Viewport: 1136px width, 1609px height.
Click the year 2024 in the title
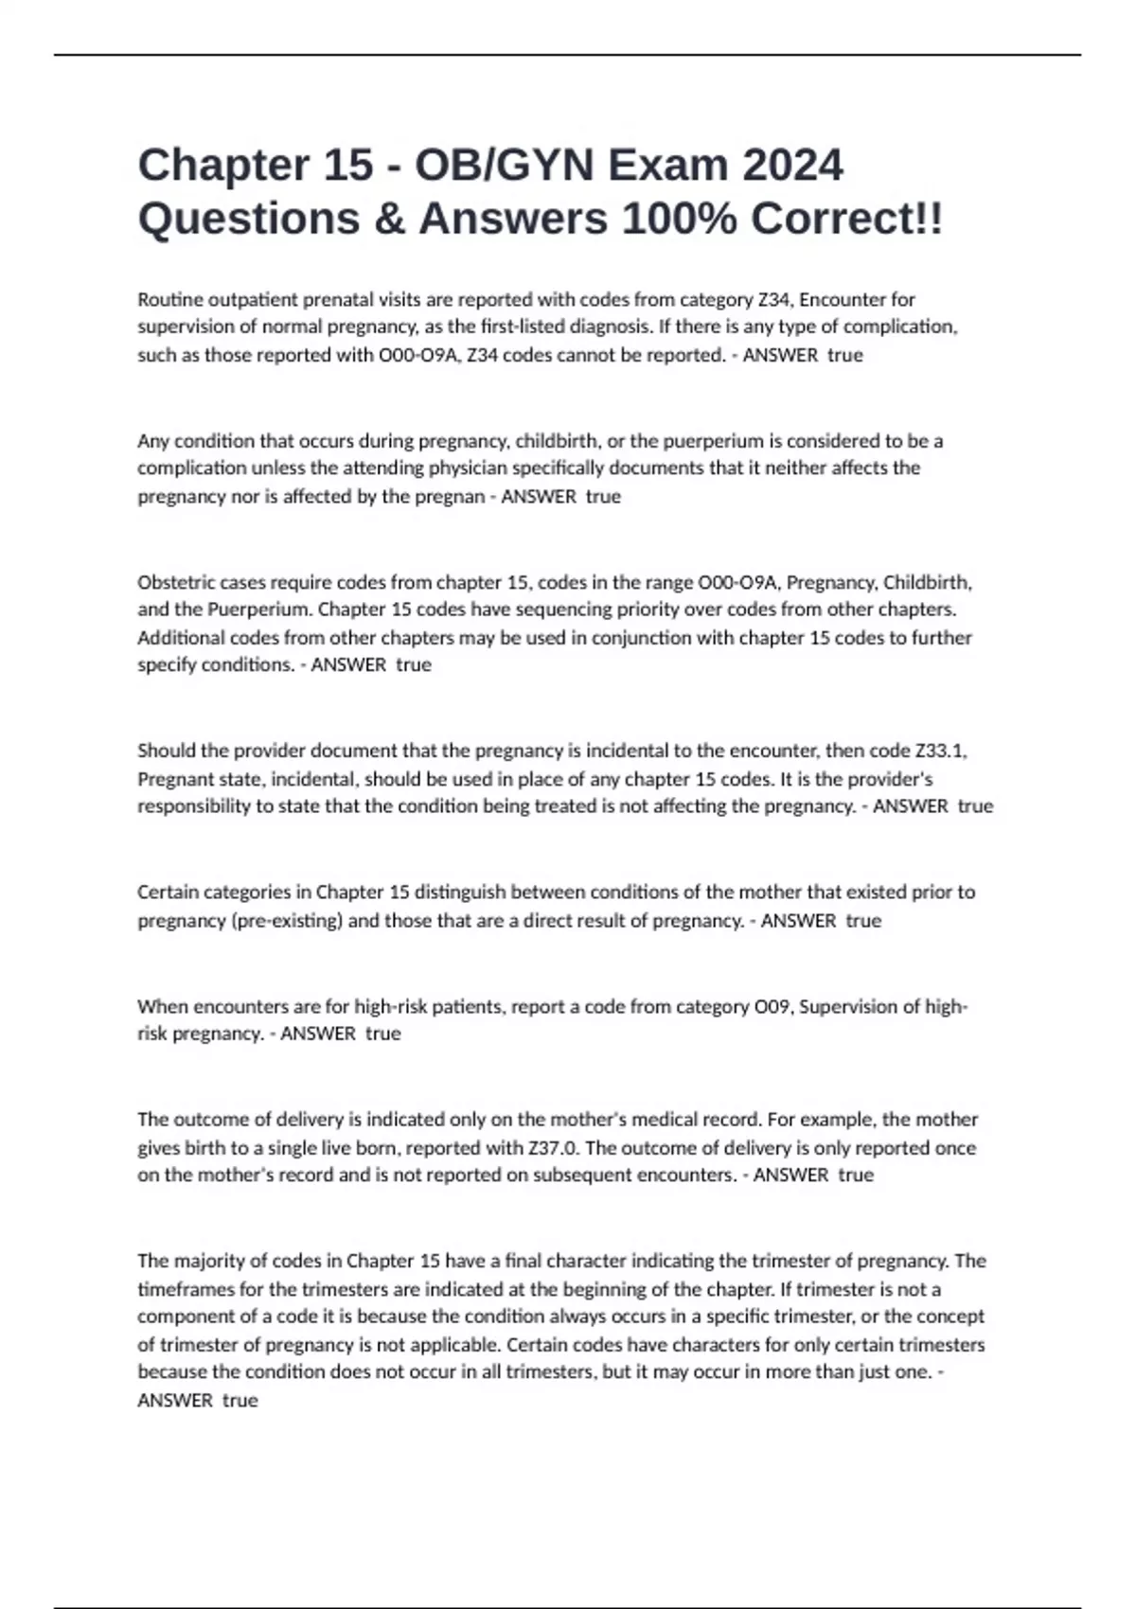(791, 165)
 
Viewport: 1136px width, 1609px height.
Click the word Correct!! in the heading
(846, 219)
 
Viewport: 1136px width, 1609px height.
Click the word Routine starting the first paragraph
(169, 300)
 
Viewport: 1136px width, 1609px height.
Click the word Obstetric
(175, 582)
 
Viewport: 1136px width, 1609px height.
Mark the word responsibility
(192, 806)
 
